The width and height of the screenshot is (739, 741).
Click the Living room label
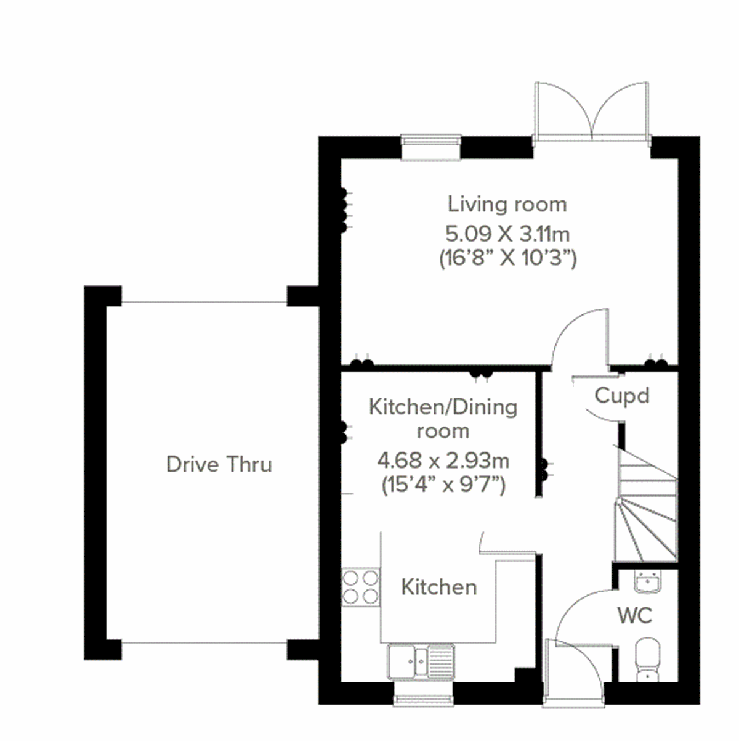point(507,204)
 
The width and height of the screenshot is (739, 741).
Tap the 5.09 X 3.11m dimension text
point(507,234)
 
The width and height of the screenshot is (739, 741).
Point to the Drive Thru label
point(219,464)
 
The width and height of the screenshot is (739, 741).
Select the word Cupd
point(622,395)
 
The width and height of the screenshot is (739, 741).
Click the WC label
point(635,615)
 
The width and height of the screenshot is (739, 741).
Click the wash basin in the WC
point(647,581)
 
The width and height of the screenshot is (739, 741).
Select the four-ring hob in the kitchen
point(361,587)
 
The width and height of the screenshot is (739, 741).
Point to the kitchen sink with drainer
point(421,660)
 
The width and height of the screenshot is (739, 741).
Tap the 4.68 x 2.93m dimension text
point(443,461)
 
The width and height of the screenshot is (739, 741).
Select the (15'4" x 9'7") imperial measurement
point(443,485)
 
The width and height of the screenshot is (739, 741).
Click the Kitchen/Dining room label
point(443,419)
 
